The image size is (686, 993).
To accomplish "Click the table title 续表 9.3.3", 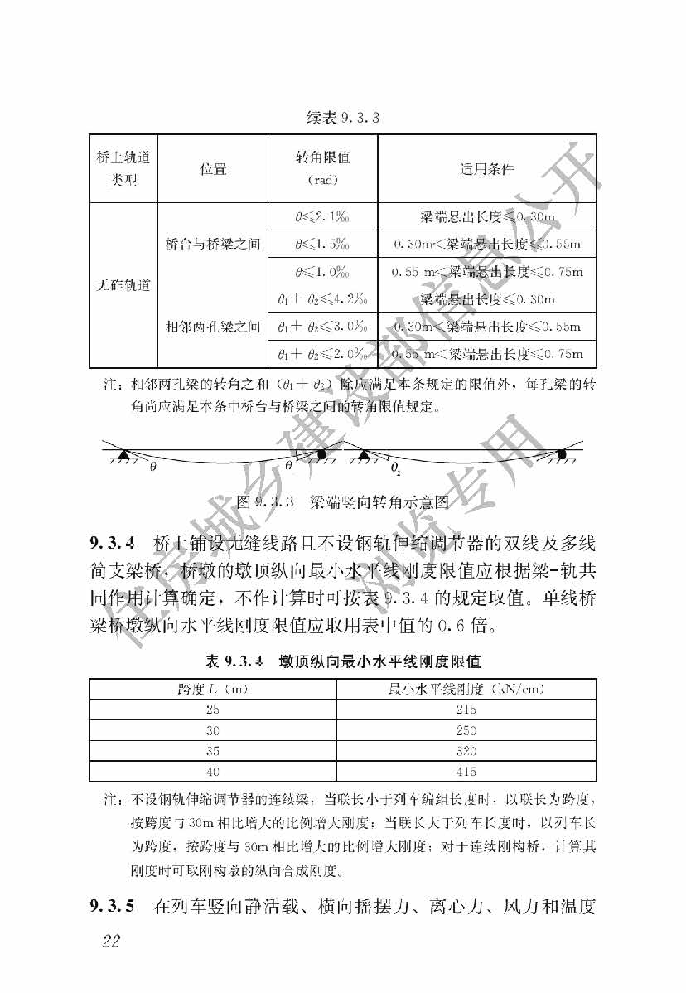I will tap(342, 117).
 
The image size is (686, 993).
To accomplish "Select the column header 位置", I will tap(213, 169).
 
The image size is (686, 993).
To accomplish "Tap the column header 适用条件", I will tap(486, 169).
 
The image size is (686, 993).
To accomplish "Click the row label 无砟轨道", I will tap(123, 286).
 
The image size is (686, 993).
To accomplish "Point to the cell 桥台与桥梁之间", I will tap(213, 245).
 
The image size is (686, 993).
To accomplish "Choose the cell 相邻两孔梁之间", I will tap(213, 327).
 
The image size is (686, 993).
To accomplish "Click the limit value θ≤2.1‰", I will tap(322, 218).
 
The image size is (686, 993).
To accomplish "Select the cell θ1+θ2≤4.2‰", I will tap(322, 298).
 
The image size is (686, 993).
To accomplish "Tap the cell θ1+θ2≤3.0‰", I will tap(322, 327).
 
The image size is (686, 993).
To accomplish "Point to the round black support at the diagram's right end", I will tap(561, 453).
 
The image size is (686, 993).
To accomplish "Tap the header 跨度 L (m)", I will tap(213, 690).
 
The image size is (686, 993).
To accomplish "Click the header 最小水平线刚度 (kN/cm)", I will tap(466, 690).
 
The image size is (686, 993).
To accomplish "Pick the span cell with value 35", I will tap(213, 752).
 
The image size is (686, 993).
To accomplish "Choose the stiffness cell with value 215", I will tap(466, 710).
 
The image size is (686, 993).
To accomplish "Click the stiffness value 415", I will tap(466, 773).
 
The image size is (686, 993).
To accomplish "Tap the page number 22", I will tap(110, 940).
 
